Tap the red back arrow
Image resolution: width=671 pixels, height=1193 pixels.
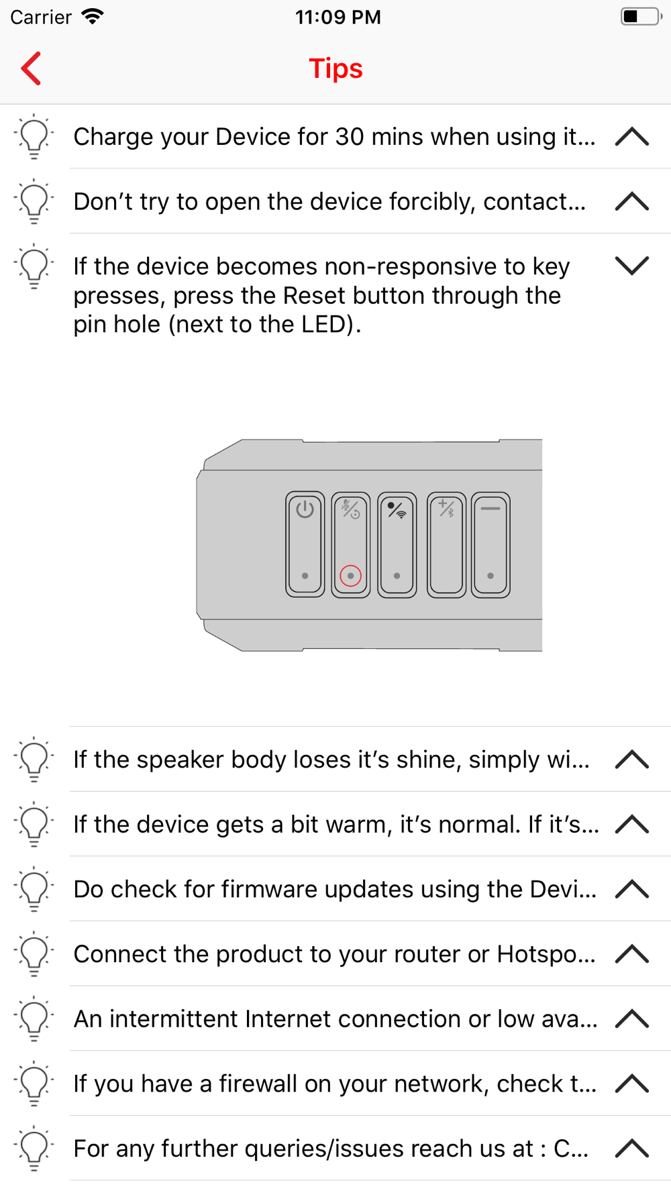click(31, 68)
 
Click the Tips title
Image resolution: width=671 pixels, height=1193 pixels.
click(335, 68)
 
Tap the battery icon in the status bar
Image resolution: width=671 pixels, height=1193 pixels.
click(641, 16)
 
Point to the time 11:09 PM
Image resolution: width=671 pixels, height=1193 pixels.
click(338, 17)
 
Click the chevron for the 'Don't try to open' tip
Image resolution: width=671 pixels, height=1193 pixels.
click(632, 201)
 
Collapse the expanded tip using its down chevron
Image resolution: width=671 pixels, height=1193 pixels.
click(632, 266)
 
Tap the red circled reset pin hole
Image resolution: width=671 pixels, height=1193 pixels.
click(350, 576)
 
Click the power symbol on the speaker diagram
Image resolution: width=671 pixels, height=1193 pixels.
click(305, 509)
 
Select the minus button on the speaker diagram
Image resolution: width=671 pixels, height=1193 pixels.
click(491, 544)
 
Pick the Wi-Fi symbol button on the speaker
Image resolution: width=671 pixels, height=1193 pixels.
click(397, 544)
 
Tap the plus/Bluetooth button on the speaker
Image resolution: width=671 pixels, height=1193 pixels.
click(446, 544)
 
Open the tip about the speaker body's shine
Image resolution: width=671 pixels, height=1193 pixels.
click(331, 760)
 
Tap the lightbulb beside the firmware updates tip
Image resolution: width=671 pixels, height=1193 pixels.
click(34, 889)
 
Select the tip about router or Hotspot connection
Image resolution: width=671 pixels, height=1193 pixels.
click(334, 954)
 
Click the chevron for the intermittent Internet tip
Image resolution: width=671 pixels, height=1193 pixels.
click(632, 1019)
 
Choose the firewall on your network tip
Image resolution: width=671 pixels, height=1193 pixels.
click(335, 1084)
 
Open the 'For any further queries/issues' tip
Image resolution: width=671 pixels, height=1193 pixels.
click(331, 1149)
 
